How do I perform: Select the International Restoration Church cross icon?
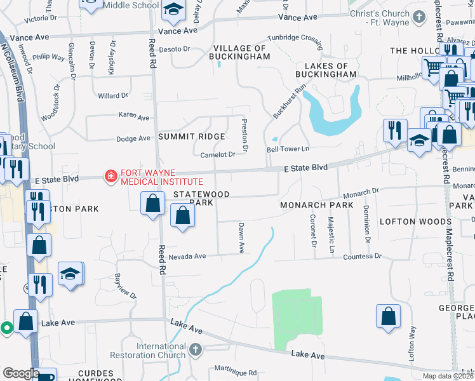point(196,349)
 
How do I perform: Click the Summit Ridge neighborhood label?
point(192,137)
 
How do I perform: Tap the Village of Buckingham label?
point(241,52)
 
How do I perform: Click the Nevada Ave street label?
point(187,257)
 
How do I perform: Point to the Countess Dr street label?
point(362,257)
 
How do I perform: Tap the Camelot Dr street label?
point(218,154)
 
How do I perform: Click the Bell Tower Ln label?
point(287,149)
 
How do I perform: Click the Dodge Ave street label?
point(133,138)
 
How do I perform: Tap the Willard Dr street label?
point(113,96)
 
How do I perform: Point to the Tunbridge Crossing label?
point(295,38)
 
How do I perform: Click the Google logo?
point(21,373)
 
